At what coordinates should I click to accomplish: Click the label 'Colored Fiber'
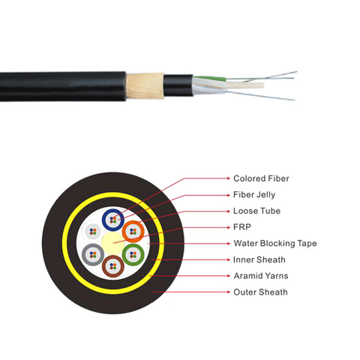261,178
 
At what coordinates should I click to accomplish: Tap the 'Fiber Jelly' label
254,195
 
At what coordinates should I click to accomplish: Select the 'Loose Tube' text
256,211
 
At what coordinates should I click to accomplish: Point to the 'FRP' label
242,227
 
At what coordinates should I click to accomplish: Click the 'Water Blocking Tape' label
275,243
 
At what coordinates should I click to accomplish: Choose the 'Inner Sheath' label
259,259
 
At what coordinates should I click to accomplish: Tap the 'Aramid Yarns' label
261,276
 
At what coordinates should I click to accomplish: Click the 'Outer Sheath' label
260,292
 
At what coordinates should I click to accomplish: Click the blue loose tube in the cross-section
105,220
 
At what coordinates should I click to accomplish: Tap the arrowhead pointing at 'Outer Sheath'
228,292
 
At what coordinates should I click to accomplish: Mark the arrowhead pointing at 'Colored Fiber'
228,178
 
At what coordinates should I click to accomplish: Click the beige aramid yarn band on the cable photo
145,85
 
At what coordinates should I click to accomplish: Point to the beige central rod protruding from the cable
245,85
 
